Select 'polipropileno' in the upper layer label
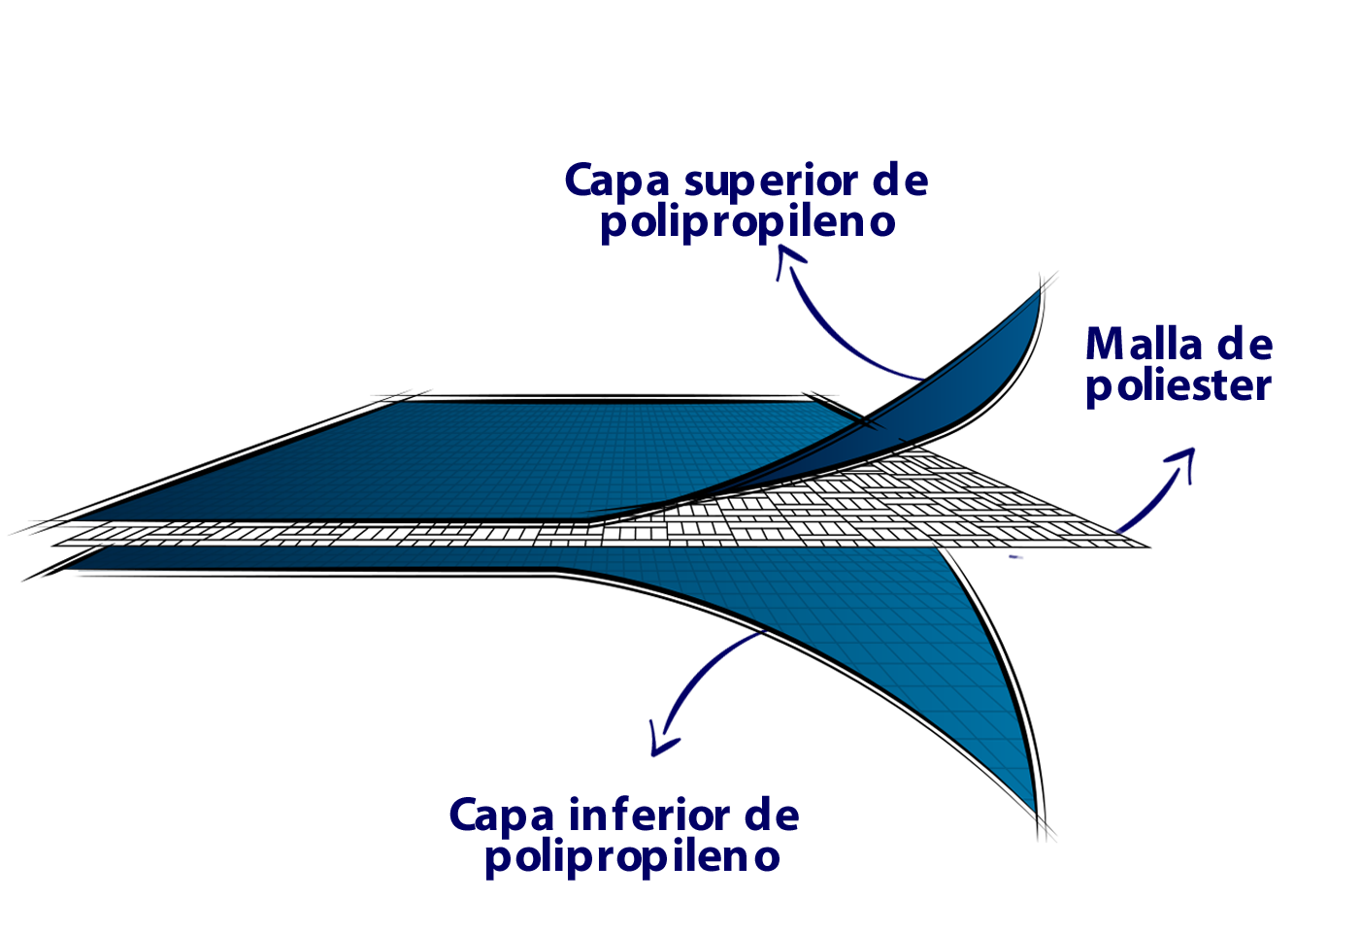point(747,222)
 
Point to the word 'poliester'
point(1178,386)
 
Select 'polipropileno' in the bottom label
point(632,857)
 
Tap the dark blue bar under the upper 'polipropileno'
point(859,256)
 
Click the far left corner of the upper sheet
point(80,518)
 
